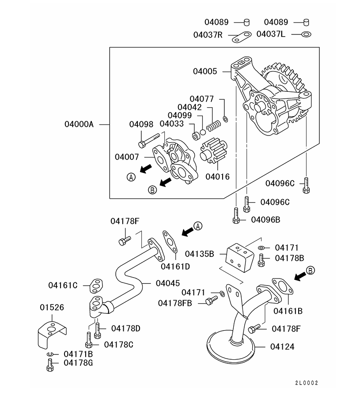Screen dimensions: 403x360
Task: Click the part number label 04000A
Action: pyautogui.click(x=79, y=124)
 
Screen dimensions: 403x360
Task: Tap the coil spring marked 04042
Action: pyautogui.click(x=213, y=125)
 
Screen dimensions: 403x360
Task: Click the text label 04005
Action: pyautogui.click(x=205, y=71)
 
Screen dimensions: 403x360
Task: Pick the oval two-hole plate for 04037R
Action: pyautogui.click(x=241, y=37)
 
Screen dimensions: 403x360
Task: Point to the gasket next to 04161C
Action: pyautogui.click(x=95, y=286)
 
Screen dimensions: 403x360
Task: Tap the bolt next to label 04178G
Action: pyautogui.click(x=50, y=365)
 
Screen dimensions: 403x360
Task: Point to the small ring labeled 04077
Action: pyautogui.click(x=226, y=118)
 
